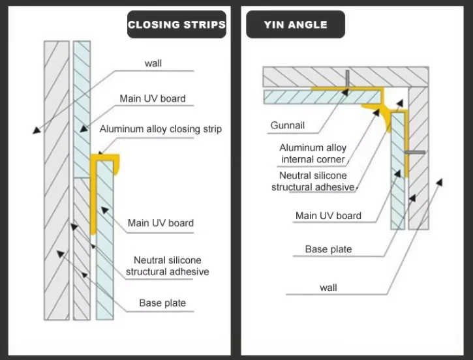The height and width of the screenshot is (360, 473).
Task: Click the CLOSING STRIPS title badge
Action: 177,25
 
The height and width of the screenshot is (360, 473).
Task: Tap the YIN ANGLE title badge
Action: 296,25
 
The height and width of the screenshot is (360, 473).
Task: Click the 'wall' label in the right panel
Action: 328,287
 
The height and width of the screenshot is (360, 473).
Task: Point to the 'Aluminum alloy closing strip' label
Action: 160,129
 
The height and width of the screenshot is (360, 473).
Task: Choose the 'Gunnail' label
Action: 288,125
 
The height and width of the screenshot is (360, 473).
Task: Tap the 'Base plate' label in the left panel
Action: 162,303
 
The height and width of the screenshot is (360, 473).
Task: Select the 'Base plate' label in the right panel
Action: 328,249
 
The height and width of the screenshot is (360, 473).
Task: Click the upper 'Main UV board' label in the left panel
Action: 153,98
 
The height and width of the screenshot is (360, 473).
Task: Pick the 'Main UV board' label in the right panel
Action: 328,216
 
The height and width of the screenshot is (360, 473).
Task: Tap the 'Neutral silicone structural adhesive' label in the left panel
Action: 168,265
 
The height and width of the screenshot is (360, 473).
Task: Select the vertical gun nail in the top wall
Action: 348,78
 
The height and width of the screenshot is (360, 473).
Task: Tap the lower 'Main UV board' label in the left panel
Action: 160,223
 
